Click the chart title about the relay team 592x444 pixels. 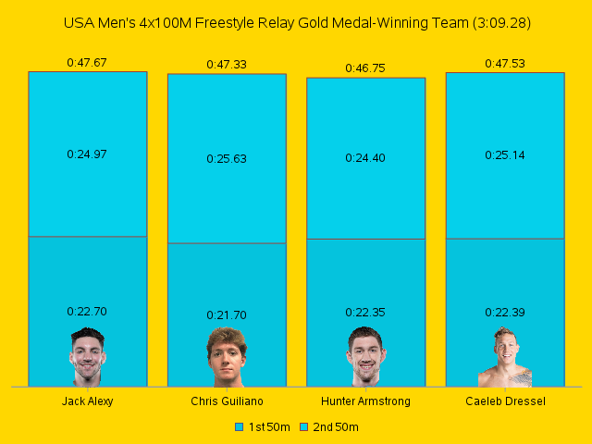point(296,21)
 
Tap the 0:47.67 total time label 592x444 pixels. point(87,63)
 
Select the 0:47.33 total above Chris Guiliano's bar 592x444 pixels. point(227,65)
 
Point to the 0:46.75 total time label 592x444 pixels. point(365,68)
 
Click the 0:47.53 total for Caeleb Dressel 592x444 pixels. point(505,64)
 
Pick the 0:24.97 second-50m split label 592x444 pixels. point(87,154)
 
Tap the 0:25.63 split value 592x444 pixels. point(227,158)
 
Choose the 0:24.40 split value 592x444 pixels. point(365,158)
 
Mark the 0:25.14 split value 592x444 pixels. point(505,155)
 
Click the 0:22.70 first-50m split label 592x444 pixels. point(87,312)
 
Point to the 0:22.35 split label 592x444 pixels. point(365,313)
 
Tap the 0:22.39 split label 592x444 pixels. point(505,313)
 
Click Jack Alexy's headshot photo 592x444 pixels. point(87,357)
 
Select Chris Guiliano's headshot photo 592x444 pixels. point(227,357)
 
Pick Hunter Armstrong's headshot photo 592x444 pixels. point(365,357)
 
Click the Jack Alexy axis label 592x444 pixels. point(87,401)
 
